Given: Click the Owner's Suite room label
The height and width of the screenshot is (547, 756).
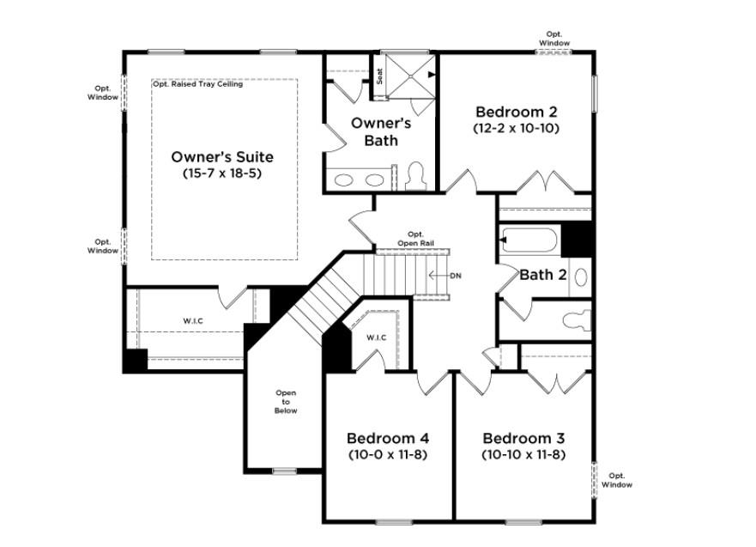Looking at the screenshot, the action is [222, 157].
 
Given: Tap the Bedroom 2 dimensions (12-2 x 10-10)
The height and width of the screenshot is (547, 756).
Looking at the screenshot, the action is [517, 128].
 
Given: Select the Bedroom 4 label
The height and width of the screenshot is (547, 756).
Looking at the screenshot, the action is [388, 438].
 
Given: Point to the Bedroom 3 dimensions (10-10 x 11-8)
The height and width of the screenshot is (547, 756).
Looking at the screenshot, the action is [523, 454].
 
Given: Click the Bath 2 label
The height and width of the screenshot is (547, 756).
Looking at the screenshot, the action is [543, 275].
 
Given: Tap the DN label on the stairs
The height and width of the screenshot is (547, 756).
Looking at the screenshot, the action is [456, 276].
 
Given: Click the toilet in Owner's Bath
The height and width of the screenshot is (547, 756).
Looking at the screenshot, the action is [415, 176].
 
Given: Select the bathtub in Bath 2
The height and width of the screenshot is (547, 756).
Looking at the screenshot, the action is [529, 240].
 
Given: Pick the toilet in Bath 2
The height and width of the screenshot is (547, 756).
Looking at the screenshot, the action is [578, 321].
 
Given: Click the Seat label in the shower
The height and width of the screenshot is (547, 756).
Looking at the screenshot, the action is [380, 76].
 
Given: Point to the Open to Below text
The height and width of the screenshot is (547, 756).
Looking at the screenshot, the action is [286, 402].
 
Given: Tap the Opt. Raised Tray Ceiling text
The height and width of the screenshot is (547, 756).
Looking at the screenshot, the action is [197, 84].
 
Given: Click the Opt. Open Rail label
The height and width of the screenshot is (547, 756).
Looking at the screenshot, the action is [415, 239].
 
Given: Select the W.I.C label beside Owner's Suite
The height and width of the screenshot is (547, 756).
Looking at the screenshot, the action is [193, 321].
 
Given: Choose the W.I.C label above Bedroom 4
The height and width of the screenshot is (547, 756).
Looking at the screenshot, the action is [376, 337].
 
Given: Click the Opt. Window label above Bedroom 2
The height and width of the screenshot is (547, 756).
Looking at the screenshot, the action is [554, 39].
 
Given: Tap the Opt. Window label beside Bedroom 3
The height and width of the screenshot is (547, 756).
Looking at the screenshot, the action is [617, 480].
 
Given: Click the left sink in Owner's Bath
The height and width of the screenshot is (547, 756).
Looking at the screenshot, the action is [344, 180].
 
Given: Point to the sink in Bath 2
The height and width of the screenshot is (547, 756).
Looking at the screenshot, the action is [582, 277].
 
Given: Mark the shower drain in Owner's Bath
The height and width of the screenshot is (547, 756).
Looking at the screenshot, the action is [410, 76].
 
